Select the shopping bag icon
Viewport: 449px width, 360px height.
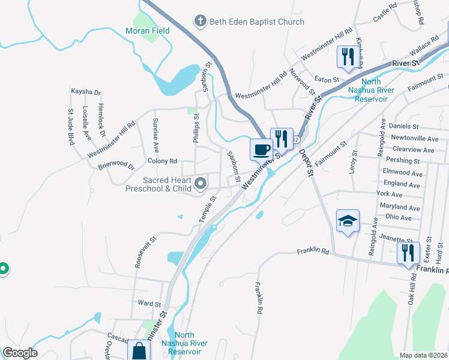[x=139, y=350]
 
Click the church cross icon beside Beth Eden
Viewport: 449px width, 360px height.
[x=200, y=22]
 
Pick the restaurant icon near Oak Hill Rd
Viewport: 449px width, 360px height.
[x=408, y=252]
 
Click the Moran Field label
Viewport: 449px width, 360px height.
[x=147, y=31]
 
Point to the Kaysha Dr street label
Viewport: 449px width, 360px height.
[x=86, y=92]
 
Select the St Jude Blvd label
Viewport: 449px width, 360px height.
[x=71, y=127]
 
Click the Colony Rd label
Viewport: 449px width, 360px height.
[x=162, y=161]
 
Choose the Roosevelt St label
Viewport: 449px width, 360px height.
[x=145, y=251]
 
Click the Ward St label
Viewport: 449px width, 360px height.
[x=150, y=304]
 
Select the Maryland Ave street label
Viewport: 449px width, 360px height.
[x=399, y=206]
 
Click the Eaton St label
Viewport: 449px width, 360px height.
[x=327, y=79]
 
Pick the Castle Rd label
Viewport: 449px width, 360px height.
[x=385, y=13]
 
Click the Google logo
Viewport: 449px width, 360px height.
[x=20, y=353]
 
